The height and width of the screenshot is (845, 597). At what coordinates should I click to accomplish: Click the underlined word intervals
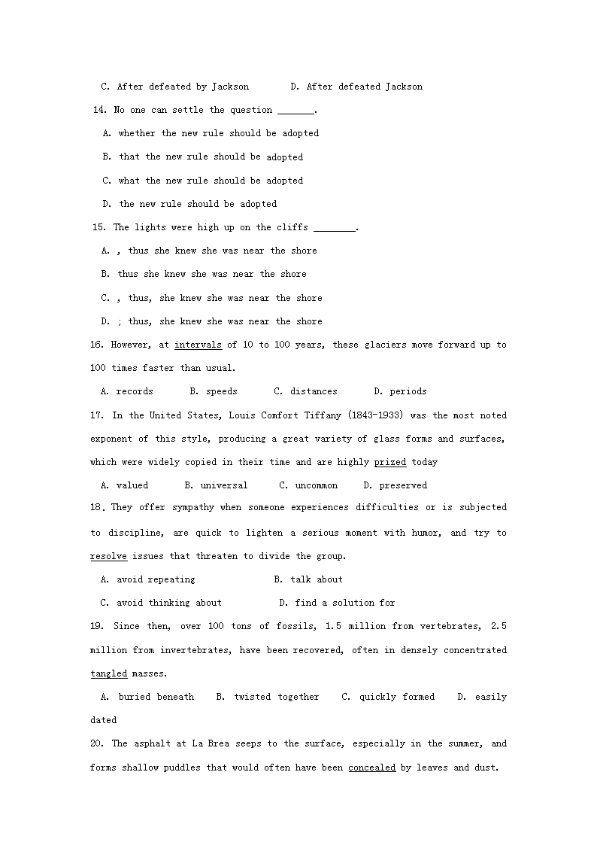[198, 345]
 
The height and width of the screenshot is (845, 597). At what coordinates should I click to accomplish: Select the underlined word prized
[390, 462]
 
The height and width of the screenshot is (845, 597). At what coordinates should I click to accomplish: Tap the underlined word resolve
[109, 556]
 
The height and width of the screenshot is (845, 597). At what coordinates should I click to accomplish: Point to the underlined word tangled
[109, 673]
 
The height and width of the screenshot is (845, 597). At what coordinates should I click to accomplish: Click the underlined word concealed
[371, 767]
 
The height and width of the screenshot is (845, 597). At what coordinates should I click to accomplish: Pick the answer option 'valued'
[132, 485]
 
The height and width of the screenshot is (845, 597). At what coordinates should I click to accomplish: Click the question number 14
[99, 110]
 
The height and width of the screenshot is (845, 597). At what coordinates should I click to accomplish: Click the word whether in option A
[137, 133]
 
